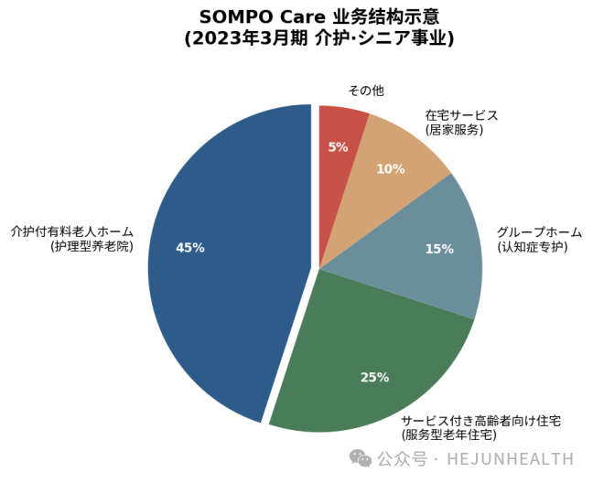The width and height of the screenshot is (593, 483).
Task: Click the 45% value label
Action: (189, 248)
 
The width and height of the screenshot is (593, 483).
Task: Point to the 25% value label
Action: (374, 377)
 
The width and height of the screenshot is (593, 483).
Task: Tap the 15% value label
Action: (439, 249)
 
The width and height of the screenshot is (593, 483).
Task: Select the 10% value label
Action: (390, 169)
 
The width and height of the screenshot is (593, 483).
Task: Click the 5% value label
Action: (338, 147)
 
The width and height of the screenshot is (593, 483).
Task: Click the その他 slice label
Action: (366, 91)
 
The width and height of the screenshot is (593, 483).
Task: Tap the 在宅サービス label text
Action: (461, 115)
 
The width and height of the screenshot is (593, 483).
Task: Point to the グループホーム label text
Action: (539, 232)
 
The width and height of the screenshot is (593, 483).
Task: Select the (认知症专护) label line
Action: (533, 247)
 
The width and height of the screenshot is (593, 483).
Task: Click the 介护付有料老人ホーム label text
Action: (72, 231)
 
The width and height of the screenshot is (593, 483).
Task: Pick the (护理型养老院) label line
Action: (92, 246)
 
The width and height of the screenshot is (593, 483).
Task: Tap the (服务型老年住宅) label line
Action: (448, 435)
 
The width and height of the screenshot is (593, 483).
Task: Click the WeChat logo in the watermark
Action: (360, 458)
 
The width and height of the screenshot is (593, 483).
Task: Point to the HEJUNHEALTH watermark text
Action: (510, 459)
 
